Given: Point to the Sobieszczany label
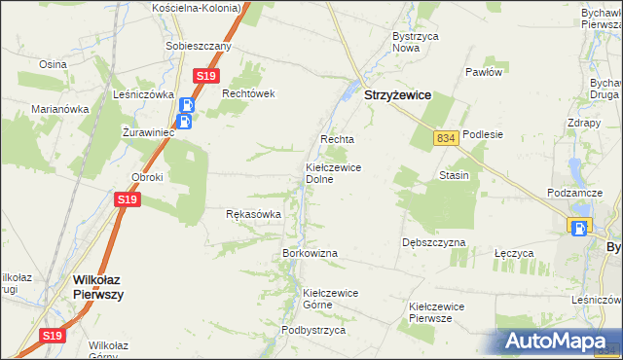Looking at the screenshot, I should click(x=199, y=46).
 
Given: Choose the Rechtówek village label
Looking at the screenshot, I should click(x=250, y=93).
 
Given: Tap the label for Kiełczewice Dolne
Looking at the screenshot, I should click(x=334, y=173).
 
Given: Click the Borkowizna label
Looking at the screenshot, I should click(x=310, y=253).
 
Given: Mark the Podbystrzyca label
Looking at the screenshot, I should click(x=313, y=330).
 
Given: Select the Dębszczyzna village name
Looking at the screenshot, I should click(x=433, y=241).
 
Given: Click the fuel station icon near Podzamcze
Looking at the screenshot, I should click(x=580, y=228).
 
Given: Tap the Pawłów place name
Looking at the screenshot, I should click(x=483, y=72).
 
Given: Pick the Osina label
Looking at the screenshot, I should click(x=52, y=63).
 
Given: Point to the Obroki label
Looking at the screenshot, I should click(x=147, y=177).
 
